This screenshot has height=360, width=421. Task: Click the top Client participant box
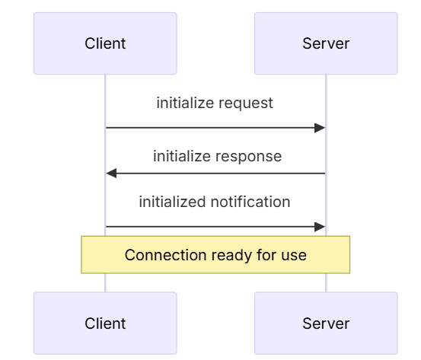(105, 43)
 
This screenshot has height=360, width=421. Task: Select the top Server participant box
(326, 43)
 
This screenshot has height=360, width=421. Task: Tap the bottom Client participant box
(105, 323)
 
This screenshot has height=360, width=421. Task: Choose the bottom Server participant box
(326, 323)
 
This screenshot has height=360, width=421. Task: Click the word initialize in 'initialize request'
(183, 104)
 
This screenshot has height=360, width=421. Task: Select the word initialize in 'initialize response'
(180, 157)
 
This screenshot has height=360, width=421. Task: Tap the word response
(250, 157)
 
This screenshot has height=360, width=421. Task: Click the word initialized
(172, 202)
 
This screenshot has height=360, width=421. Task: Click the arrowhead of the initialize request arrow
(321, 128)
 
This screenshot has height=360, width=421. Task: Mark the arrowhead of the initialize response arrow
(111, 174)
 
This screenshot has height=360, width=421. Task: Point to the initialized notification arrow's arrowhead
(321, 226)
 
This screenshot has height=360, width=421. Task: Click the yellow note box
(215, 254)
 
